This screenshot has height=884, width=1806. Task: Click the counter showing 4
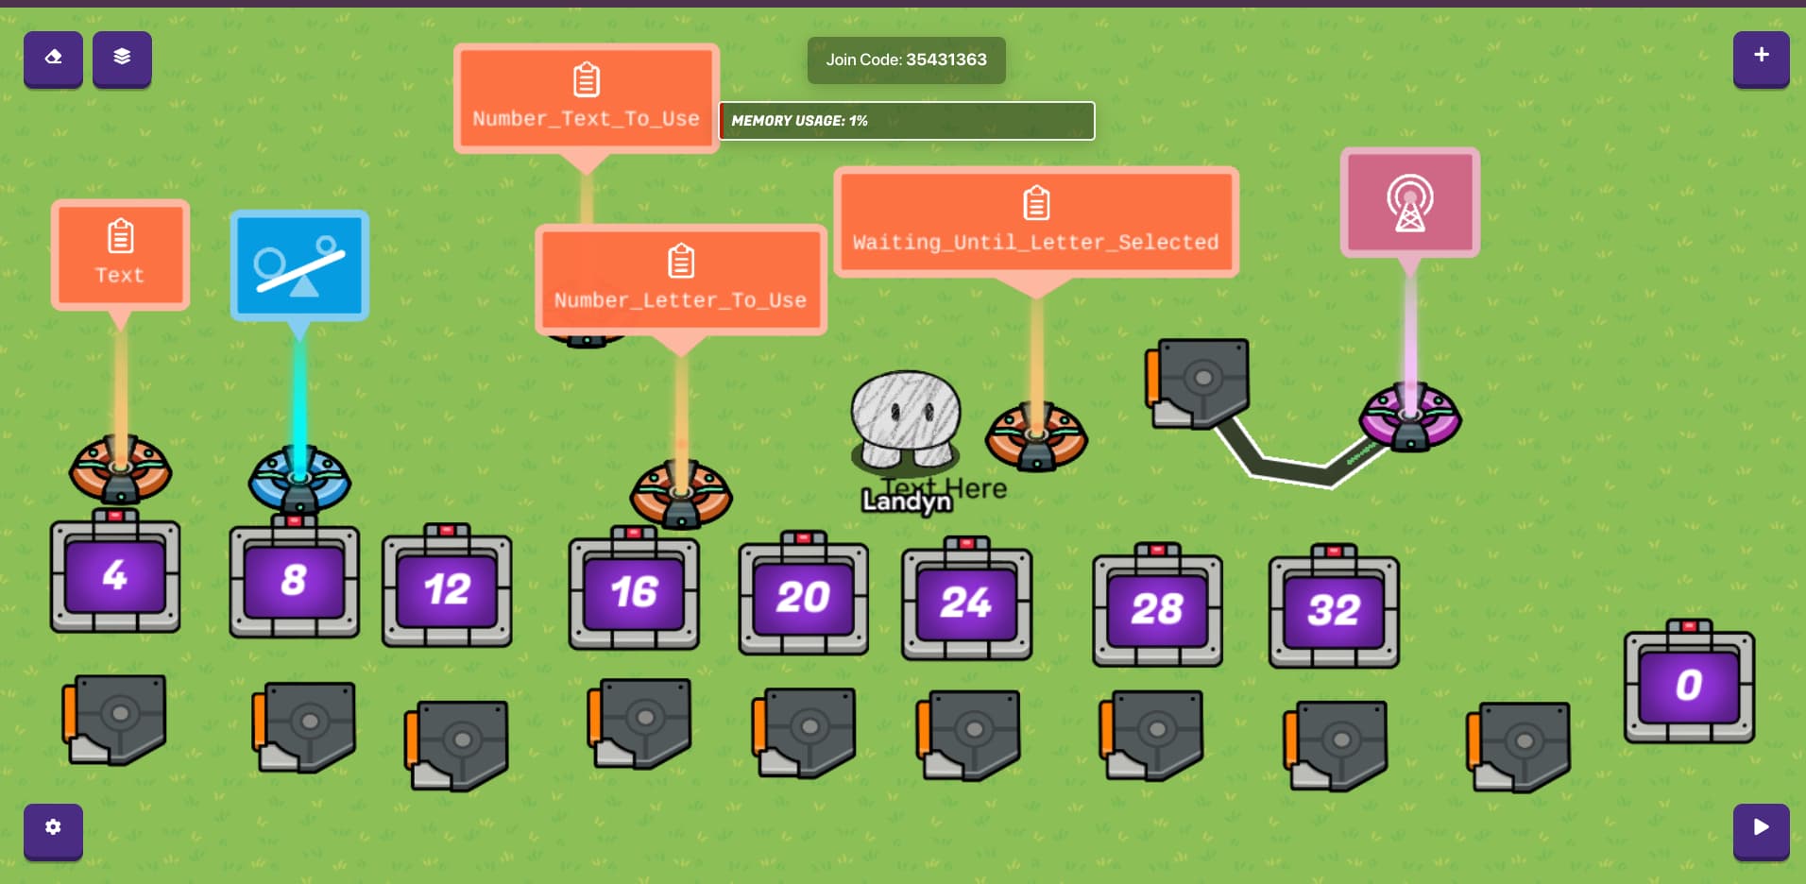pyautogui.click(x=115, y=575)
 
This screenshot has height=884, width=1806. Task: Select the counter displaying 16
pyautogui.click(x=634, y=592)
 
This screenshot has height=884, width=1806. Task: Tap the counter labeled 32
pyautogui.click(x=1334, y=609)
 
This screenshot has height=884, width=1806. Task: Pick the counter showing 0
pyautogui.click(x=1689, y=685)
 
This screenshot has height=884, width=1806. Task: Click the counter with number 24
pyautogui.click(x=966, y=602)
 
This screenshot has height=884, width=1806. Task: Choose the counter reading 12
pyautogui.click(x=447, y=589)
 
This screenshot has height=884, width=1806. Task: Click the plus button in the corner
pyautogui.click(x=1761, y=57)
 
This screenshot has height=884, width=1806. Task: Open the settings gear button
pyautogui.click(x=53, y=829)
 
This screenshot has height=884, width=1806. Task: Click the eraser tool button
pyautogui.click(x=53, y=58)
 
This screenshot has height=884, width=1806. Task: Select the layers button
pyautogui.click(x=122, y=58)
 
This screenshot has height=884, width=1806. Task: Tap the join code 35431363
pyautogui.click(x=906, y=59)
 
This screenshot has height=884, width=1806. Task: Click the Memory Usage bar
pyautogui.click(x=907, y=121)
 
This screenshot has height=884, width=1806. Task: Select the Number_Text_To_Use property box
pyautogui.click(x=586, y=97)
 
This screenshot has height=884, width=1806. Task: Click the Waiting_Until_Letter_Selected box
pyautogui.click(x=1036, y=221)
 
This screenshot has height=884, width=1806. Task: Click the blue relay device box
pyautogui.click(x=299, y=265)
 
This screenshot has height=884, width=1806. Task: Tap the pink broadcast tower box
pyautogui.click(x=1409, y=202)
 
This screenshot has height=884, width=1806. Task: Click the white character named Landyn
pyautogui.click(x=905, y=421)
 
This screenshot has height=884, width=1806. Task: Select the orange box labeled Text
pyautogui.click(x=120, y=255)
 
